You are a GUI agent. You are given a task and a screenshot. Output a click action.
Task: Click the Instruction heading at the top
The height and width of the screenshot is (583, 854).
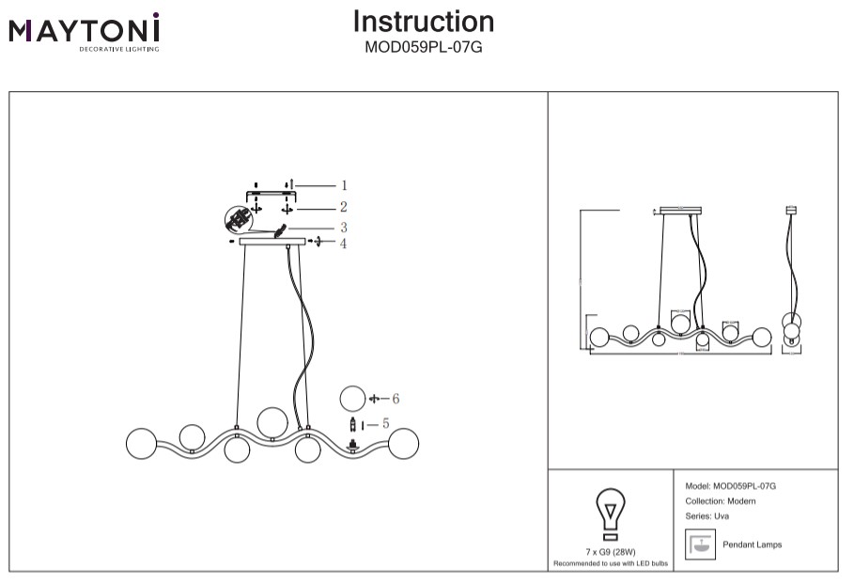click(423, 22)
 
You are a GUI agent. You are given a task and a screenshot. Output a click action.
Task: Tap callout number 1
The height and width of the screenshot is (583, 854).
click(344, 186)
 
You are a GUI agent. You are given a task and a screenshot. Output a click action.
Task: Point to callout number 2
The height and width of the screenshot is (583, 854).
click(344, 207)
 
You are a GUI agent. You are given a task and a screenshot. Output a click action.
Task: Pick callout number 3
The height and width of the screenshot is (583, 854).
click(344, 228)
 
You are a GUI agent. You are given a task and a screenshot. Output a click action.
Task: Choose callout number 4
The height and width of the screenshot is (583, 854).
click(344, 244)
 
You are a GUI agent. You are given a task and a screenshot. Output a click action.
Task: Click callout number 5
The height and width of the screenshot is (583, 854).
click(385, 424)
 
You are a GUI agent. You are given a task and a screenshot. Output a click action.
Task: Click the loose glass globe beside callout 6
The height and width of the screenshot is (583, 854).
click(352, 399)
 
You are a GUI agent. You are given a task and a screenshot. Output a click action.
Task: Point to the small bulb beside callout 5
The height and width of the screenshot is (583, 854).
click(352, 424)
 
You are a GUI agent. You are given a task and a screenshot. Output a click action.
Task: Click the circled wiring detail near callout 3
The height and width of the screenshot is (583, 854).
click(240, 220)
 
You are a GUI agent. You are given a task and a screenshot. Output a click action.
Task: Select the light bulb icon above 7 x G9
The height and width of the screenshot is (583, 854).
click(611, 513)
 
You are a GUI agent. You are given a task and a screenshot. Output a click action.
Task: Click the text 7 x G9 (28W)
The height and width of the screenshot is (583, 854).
click(611, 552)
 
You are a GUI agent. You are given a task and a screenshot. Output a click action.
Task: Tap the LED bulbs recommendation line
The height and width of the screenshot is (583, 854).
click(611, 563)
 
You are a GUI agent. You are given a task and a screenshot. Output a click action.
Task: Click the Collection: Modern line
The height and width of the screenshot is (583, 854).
click(721, 501)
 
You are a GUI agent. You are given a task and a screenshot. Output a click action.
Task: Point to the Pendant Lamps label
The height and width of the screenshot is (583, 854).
click(752, 544)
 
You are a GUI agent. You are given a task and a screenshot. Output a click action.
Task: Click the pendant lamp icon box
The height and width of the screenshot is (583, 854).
click(698, 544)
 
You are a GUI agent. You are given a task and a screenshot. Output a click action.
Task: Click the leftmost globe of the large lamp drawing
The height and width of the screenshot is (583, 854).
click(141, 443)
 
